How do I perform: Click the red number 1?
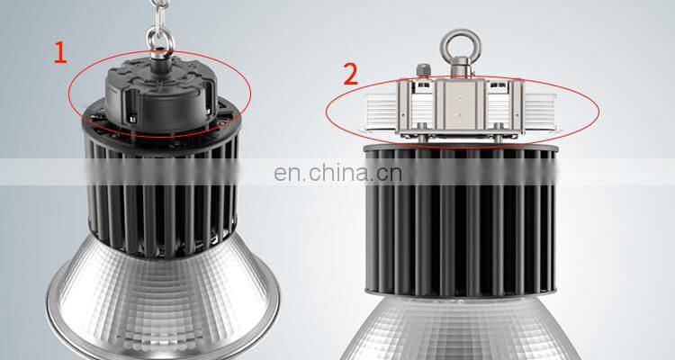(60, 52)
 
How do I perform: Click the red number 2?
(351, 74)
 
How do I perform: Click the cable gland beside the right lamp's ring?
(423, 71)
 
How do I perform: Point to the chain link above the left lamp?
(158, 13)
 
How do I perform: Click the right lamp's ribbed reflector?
(461, 328)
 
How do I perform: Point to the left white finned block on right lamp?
(380, 112)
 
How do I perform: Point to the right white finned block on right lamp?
(540, 112)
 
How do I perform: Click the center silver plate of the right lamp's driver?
(461, 104)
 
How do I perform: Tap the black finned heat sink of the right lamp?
(461, 220)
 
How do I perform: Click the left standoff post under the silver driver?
(423, 134)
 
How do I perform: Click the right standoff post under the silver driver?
(498, 134)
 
